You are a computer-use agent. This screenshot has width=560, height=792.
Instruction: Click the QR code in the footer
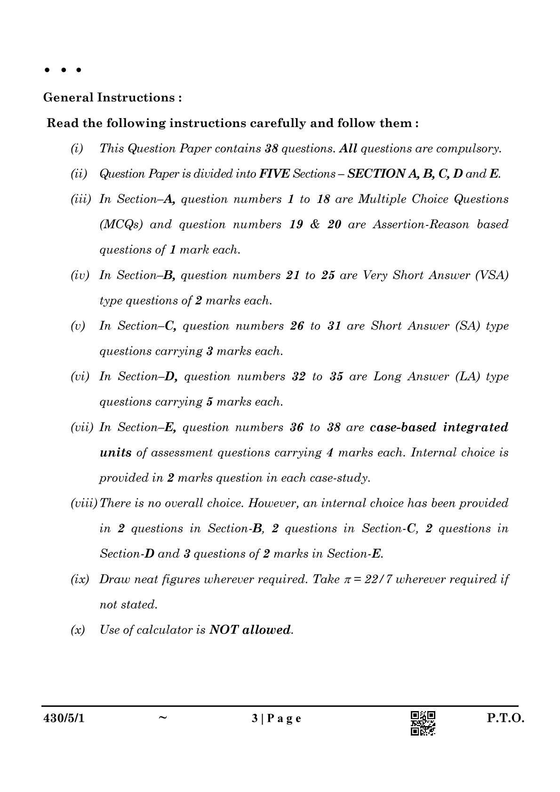423,723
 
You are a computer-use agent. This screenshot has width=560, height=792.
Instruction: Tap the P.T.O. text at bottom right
505,719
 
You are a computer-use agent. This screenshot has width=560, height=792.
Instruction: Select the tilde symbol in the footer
163,718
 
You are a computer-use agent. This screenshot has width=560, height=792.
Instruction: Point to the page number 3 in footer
255,719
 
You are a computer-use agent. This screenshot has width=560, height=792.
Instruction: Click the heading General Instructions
112,97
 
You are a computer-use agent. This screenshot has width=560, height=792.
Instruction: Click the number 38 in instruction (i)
272,149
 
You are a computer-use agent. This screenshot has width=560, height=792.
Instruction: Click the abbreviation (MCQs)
121,225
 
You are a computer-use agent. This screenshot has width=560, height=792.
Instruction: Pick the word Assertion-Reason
422,225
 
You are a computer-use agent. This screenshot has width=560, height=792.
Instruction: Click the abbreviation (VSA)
492,275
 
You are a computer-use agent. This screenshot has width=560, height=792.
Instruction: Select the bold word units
115,453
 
